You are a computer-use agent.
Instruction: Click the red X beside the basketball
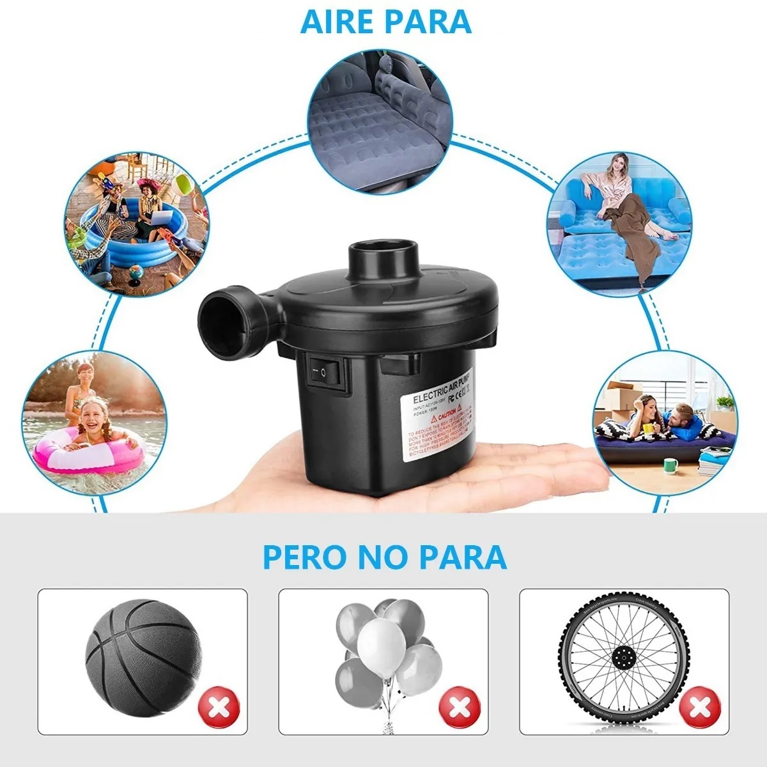coord(219,708)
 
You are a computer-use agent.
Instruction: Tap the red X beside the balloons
coord(458,708)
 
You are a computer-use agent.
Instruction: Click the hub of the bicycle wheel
coord(621,658)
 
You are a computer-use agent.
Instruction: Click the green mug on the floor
coord(669,465)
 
